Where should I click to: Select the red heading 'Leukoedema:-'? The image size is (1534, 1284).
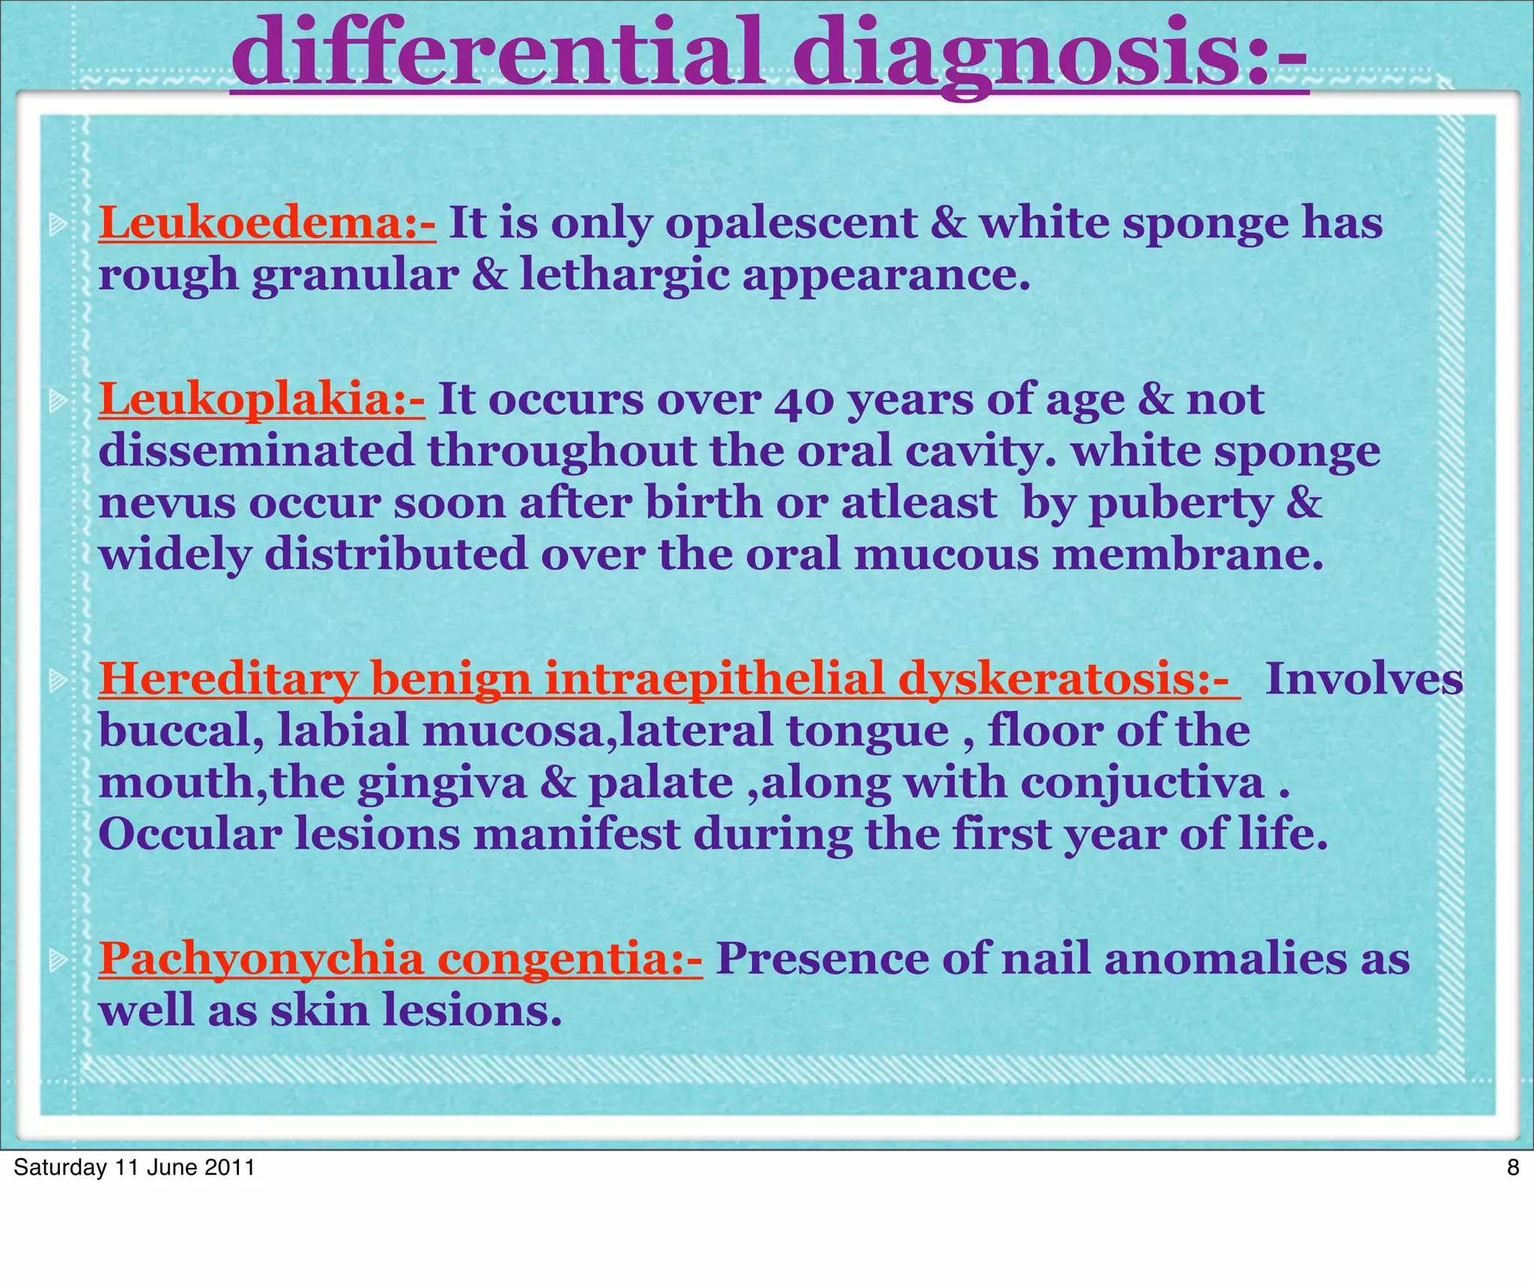267,223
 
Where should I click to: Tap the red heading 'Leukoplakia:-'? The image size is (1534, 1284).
261,399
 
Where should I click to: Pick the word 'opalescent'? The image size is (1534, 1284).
791,223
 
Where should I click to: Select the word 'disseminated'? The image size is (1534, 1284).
256,451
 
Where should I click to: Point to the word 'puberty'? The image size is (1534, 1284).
1180,502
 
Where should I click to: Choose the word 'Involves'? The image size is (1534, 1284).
1363,679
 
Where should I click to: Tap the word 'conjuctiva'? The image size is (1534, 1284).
1142,783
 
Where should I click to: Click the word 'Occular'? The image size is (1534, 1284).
190,834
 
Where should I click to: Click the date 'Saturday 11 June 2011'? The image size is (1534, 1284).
134,1167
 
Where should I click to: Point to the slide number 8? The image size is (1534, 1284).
1512,1167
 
